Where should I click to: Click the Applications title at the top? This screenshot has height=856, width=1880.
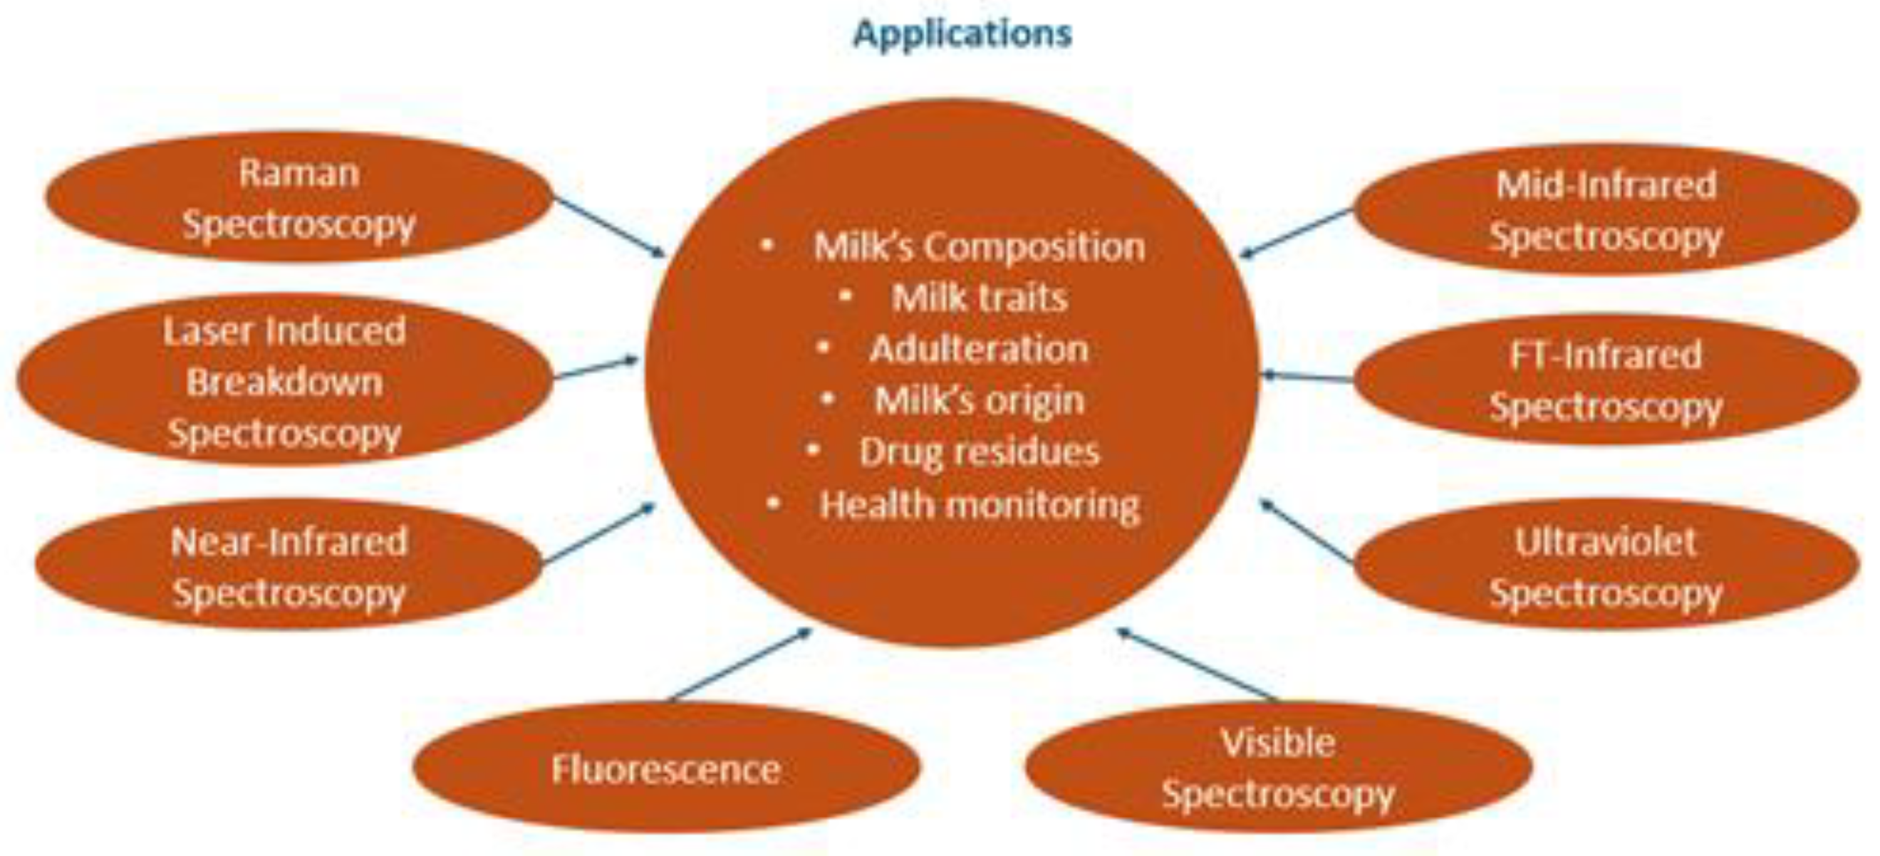click(962, 33)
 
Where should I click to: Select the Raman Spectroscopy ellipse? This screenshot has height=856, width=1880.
click(298, 197)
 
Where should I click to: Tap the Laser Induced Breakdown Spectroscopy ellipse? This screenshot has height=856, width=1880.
click(284, 381)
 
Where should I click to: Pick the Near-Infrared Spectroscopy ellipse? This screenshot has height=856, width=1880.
click(289, 565)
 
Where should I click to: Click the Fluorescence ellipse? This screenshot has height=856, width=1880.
click(665, 768)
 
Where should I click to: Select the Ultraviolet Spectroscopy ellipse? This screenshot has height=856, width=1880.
click(1606, 565)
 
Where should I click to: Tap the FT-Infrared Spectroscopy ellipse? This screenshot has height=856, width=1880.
click(1606, 380)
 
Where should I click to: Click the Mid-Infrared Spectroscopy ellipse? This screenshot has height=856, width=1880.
click(1606, 209)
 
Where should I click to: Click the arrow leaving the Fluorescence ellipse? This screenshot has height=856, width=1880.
click(741, 665)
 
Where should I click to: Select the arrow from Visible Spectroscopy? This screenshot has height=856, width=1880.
click(1197, 665)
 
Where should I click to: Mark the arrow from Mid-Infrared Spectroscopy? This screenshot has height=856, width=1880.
click(1297, 233)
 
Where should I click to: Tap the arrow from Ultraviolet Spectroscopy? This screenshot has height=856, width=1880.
click(1307, 531)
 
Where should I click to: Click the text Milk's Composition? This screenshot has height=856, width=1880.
click(979, 246)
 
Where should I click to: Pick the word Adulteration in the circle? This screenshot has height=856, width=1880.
click(979, 349)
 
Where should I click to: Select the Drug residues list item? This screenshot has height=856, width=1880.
click(979, 452)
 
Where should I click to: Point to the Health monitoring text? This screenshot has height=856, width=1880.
click(979, 504)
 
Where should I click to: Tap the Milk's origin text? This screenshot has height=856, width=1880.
click(979, 400)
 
